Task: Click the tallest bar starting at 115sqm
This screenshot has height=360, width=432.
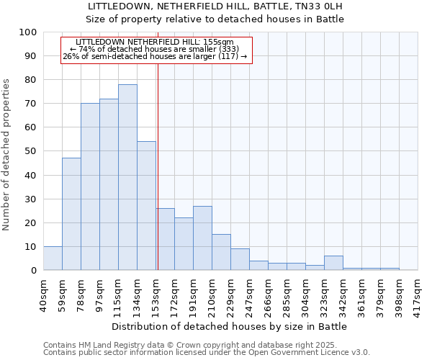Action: tap(127, 177)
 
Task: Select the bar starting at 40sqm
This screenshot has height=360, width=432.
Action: tap(53, 258)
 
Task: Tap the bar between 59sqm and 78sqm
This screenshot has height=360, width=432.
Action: tap(71, 214)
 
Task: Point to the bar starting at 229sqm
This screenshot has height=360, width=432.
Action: tap(240, 259)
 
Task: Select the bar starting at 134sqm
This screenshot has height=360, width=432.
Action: tap(146, 206)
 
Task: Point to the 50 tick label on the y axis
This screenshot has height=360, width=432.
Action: tap(31, 151)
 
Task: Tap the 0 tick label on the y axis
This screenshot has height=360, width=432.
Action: tap(34, 271)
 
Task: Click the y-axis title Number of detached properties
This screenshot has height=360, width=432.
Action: tap(7, 155)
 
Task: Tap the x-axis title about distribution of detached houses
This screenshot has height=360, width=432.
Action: tap(230, 326)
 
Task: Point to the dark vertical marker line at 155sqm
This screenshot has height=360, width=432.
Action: tap(158, 166)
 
